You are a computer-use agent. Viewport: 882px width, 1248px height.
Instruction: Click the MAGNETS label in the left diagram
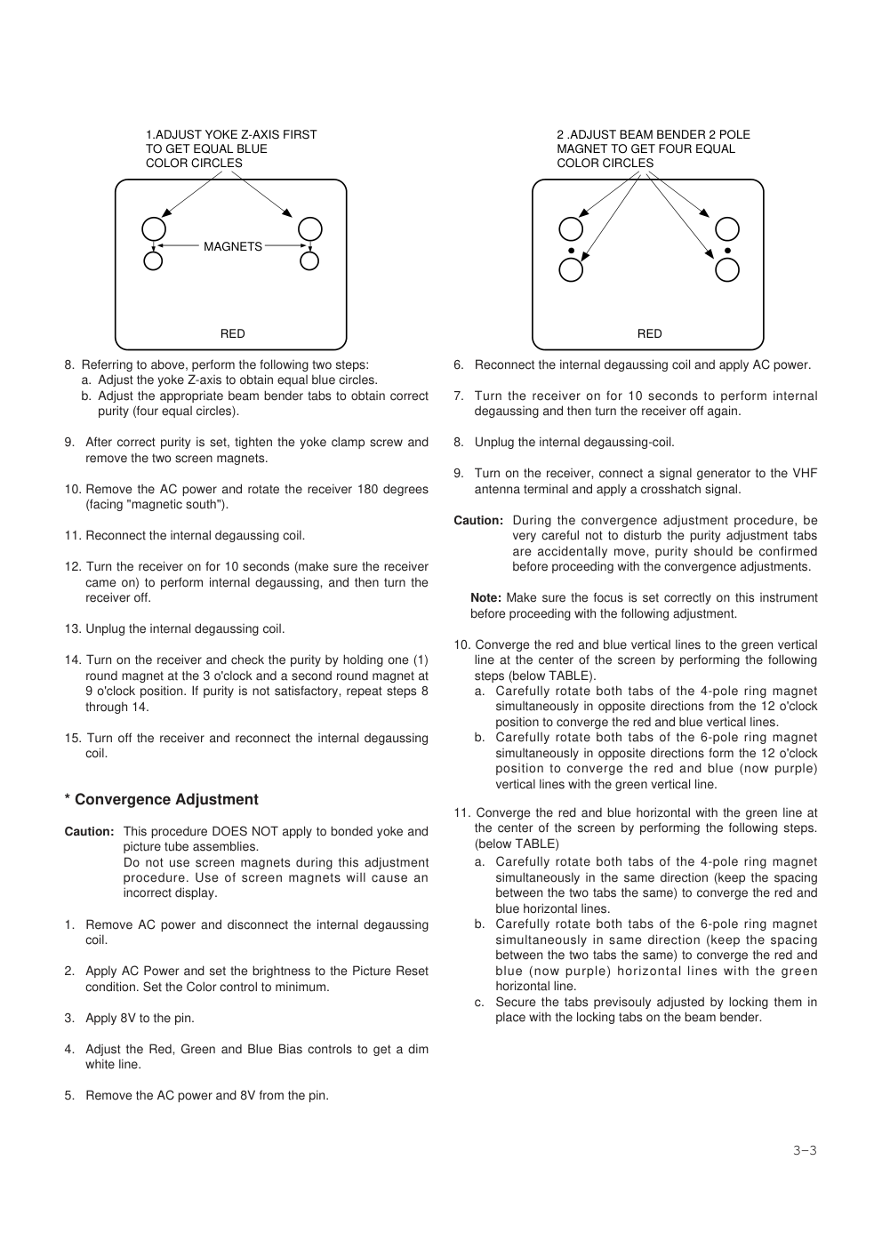tap(233, 246)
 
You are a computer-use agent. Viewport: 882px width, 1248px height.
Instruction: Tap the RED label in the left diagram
tap(233, 333)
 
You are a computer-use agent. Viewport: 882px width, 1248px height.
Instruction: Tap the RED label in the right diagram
tap(650, 333)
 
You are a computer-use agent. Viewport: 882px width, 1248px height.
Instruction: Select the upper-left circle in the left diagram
tap(154, 228)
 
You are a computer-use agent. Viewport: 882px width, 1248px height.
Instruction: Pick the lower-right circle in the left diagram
tap(309, 261)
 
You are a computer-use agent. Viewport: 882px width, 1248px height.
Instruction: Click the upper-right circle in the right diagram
tap(727, 228)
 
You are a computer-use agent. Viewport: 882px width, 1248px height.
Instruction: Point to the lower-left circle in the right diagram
tap(571, 269)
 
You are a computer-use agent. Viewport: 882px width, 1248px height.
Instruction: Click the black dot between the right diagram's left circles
tap(571, 251)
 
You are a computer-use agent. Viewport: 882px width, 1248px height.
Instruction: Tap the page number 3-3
tap(805, 1150)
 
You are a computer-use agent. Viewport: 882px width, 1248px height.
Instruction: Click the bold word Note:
tap(485, 598)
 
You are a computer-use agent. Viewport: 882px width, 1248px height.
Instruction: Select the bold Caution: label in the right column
tap(478, 521)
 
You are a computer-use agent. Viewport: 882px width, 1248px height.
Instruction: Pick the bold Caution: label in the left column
tap(89, 832)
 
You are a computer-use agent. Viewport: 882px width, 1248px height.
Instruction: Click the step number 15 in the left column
tap(72, 739)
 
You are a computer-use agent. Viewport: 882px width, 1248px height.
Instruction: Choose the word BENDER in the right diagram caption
tap(684, 134)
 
